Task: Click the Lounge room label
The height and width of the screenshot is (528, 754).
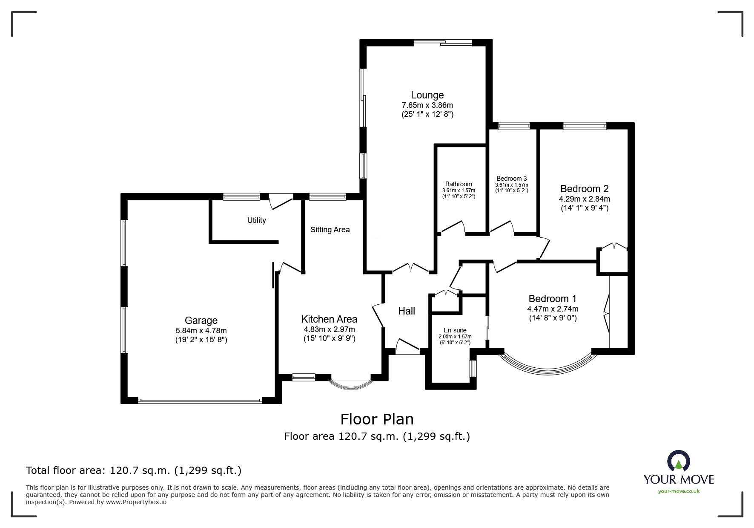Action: click(427, 95)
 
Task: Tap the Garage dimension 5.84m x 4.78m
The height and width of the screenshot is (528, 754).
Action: click(201, 331)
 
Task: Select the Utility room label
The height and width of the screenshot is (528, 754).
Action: click(256, 220)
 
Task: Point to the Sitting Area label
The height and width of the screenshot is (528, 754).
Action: click(330, 230)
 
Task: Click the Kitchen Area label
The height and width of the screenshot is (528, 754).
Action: click(329, 319)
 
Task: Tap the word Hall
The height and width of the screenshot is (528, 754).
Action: click(406, 311)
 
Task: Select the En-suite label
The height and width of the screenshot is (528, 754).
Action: click(455, 330)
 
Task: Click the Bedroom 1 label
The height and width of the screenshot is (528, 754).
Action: click(552, 299)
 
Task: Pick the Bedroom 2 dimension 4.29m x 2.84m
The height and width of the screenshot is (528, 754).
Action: click(584, 199)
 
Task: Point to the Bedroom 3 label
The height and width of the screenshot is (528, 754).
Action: click(511, 179)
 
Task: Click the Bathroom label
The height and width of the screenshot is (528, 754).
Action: click(459, 184)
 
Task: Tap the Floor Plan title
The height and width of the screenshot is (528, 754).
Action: click(377, 419)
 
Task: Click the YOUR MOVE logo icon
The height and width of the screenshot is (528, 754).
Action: click(679, 462)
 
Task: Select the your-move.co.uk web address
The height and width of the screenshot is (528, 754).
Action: click(679, 491)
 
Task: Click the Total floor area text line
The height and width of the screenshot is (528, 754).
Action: click(134, 470)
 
